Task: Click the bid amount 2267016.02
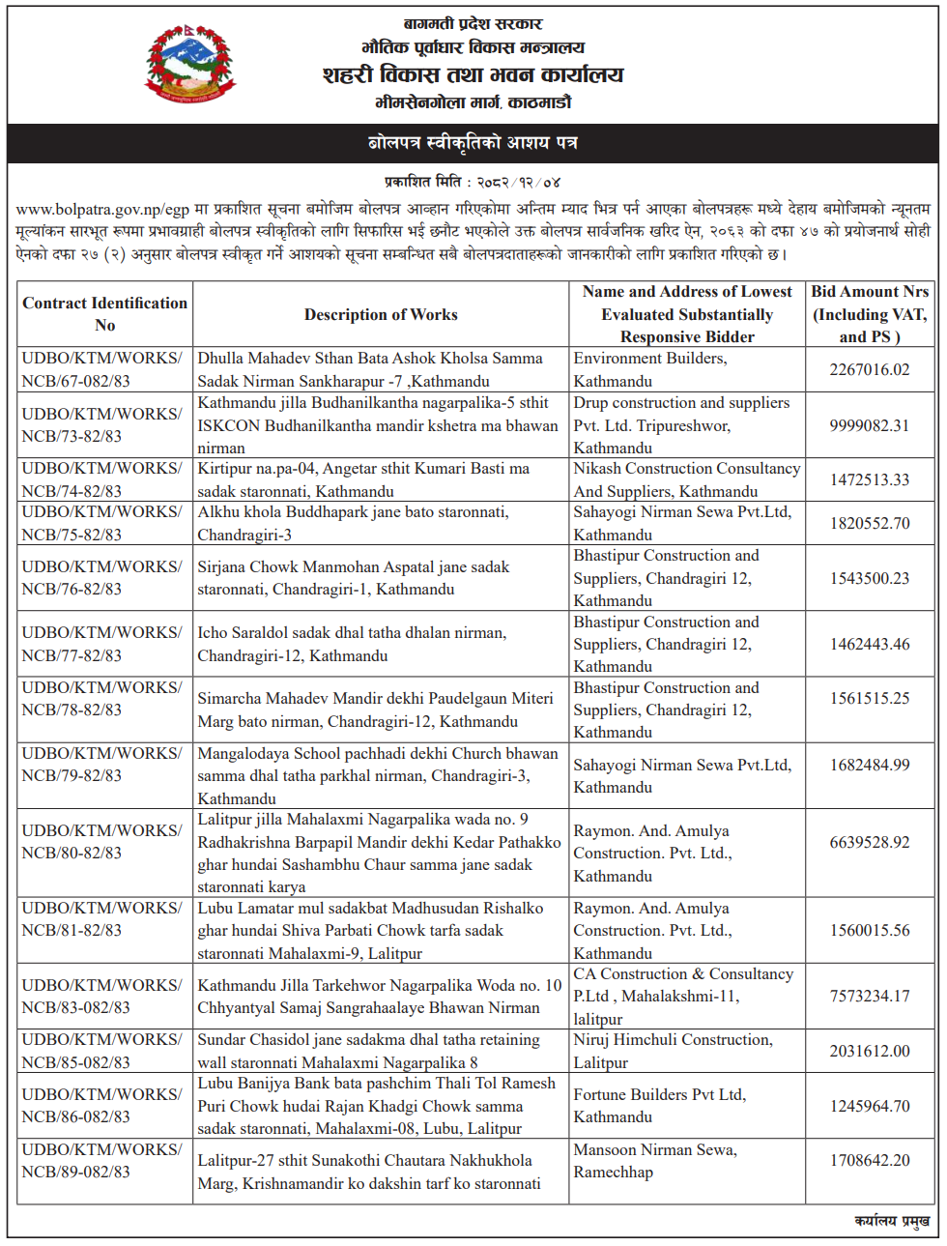pyautogui.click(x=870, y=369)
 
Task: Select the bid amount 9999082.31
pyautogui.click(x=870, y=425)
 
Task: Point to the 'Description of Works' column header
pyautogui.click(x=381, y=314)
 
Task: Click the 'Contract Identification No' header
pyautogui.click(x=104, y=314)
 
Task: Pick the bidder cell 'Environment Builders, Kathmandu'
pyautogui.click(x=650, y=369)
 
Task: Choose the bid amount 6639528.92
pyautogui.click(x=870, y=842)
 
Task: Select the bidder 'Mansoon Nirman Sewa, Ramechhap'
pyautogui.click(x=655, y=1161)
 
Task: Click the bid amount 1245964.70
pyautogui.click(x=870, y=1106)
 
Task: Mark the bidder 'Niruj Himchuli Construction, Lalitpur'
pyautogui.click(x=673, y=1051)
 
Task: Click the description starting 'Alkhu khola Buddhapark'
pyautogui.click(x=353, y=523)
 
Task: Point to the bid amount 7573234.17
pyautogui.click(x=870, y=996)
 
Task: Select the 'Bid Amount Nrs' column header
pyautogui.click(x=870, y=314)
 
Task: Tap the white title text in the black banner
pyautogui.click(x=473, y=143)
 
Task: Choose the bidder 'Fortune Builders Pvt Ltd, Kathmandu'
pyautogui.click(x=659, y=1106)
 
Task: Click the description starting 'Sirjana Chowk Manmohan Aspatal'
pyautogui.click(x=353, y=578)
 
